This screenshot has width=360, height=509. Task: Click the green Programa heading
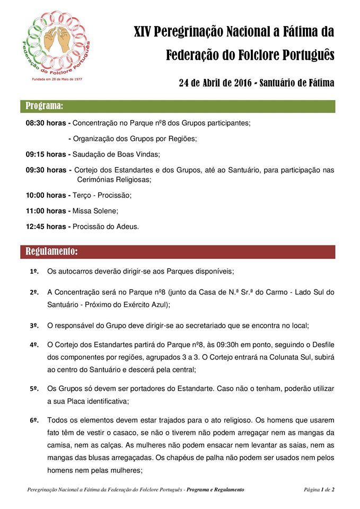[45, 106]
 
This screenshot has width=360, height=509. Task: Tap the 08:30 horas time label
[46, 123]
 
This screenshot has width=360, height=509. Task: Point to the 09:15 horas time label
[46, 154]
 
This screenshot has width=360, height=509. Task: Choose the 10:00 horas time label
[46, 195]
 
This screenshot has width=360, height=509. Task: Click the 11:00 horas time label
[46, 210]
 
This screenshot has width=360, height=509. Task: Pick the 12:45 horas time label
[46, 226]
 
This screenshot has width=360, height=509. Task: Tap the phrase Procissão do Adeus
[106, 226]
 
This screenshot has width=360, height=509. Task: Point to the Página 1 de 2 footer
[319, 490]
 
